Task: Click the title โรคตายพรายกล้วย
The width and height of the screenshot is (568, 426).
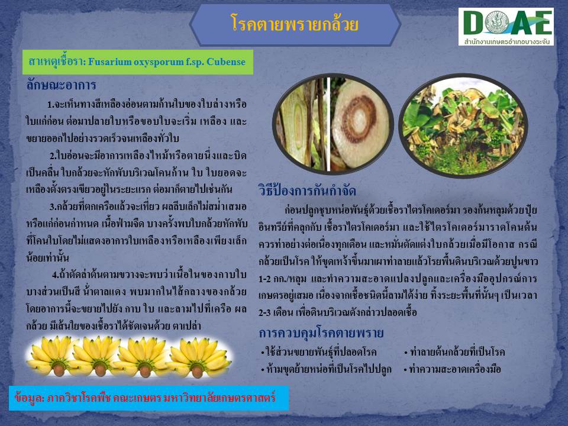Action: [295, 24]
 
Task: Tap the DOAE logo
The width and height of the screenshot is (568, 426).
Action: [506, 27]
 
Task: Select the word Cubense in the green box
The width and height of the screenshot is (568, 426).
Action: [225, 62]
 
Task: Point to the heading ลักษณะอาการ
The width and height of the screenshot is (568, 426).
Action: [61, 85]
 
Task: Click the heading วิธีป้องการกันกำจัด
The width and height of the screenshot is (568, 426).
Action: [307, 190]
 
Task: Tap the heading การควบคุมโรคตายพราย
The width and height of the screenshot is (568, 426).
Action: [321, 333]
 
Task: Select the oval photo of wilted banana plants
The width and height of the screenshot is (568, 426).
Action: [463, 125]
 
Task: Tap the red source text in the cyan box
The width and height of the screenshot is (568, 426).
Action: [145, 398]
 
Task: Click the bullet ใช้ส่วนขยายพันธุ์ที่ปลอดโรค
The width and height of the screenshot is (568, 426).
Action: [319, 351]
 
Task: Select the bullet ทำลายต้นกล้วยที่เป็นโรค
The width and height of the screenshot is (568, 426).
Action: [454, 351]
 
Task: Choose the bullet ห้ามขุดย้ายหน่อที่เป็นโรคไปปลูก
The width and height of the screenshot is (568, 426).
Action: [327, 369]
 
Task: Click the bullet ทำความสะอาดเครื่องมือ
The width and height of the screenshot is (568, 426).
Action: [453, 369]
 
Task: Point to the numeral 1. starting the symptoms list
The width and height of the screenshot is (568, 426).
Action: [50, 105]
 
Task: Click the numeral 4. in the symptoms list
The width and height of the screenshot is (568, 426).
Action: [55, 275]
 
